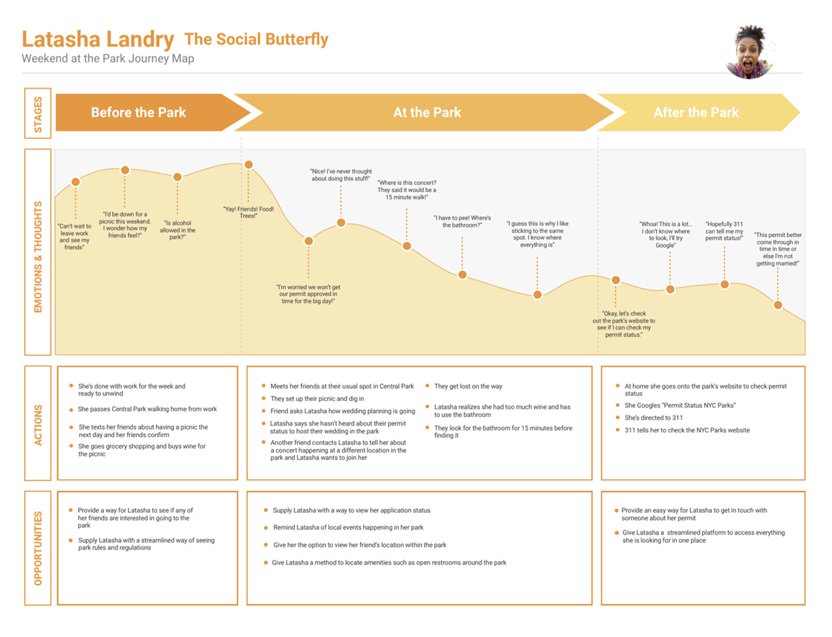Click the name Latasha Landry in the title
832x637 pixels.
click(x=98, y=40)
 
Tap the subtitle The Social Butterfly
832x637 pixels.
click(x=256, y=39)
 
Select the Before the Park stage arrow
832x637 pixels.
click(x=139, y=112)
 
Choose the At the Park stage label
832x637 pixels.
click(x=427, y=112)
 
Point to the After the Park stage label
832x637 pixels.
click(x=695, y=112)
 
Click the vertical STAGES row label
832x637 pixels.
click(x=38, y=114)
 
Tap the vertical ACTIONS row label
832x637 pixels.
click(x=38, y=425)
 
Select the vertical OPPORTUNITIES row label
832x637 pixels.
click(x=38, y=548)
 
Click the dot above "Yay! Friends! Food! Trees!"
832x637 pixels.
click(x=248, y=165)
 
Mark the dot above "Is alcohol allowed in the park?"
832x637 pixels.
click(x=177, y=177)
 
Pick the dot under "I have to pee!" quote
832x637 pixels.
click(x=462, y=275)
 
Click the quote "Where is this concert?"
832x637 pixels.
click(x=406, y=190)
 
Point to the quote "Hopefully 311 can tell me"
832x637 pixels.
click(x=724, y=231)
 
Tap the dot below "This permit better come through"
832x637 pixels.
click(x=777, y=305)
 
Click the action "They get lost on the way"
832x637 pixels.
click(x=468, y=386)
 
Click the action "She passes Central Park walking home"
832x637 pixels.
click(x=147, y=409)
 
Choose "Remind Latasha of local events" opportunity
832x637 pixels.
click(x=348, y=527)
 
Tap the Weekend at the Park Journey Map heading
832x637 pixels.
click(x=108, y=59)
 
